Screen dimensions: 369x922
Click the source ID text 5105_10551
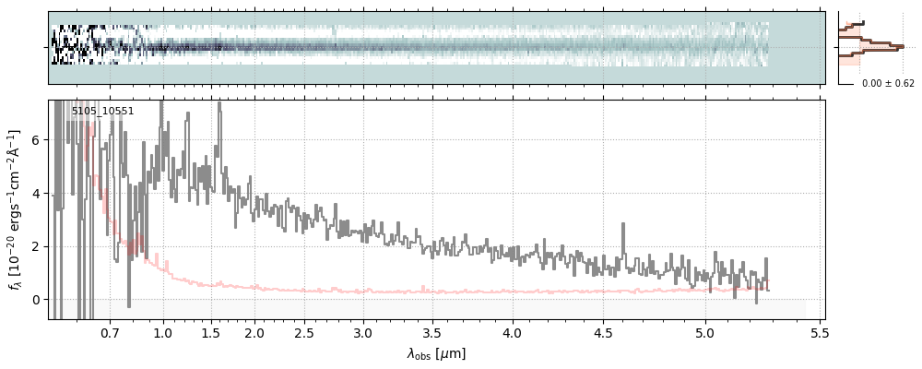pos(102,112)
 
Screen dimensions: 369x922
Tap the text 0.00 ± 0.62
pos(888,84)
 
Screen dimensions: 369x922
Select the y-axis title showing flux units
pos(15,209)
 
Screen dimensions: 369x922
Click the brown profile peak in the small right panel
pos(901,46)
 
